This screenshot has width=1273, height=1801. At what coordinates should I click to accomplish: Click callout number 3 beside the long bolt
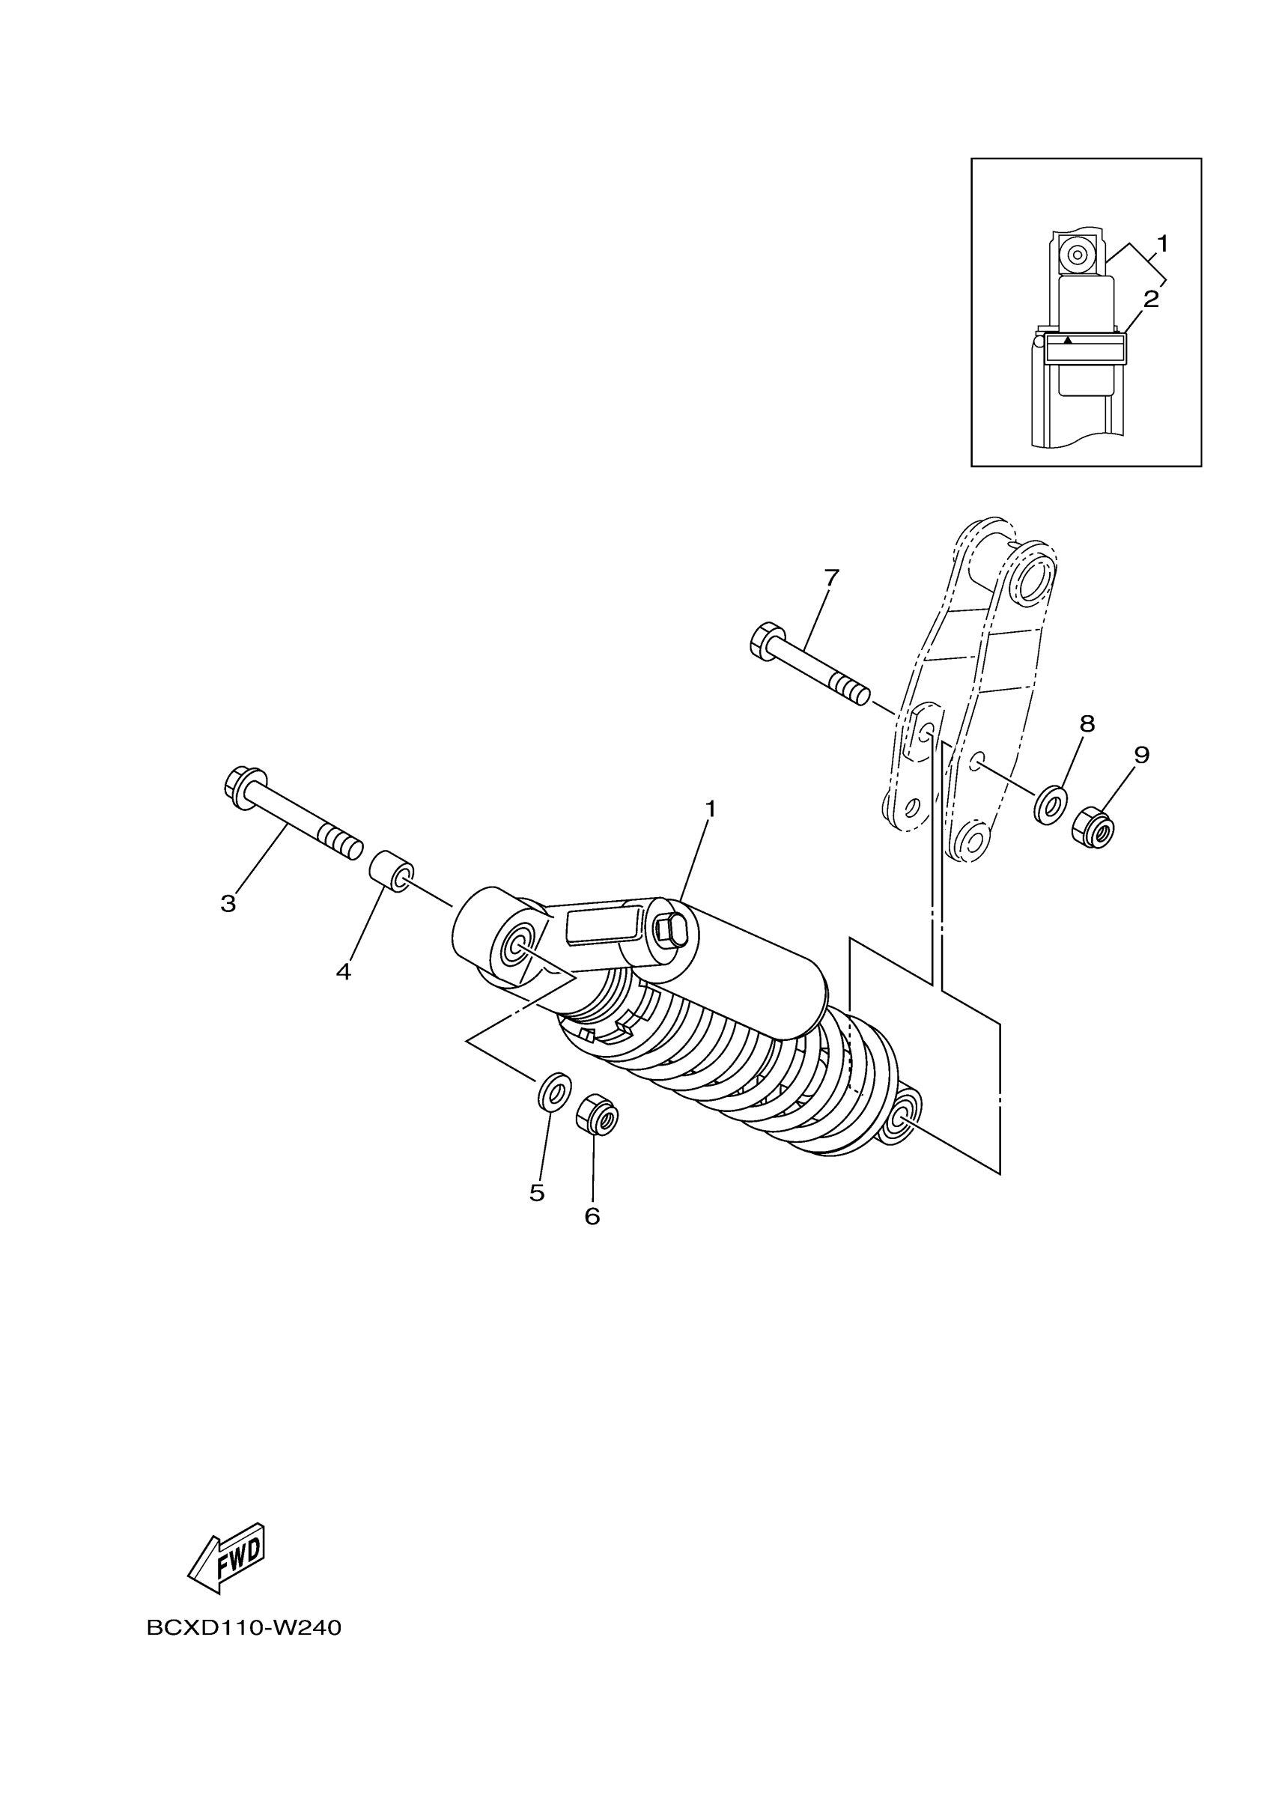(x=228, y=905)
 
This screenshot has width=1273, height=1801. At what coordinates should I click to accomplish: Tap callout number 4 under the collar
(x=343, y=972)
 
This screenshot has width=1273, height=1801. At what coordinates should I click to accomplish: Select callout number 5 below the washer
(x=536, y=1193)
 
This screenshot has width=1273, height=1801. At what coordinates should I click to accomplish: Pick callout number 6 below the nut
(x=592, y=1217)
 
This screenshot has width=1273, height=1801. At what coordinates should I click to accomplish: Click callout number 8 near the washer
(x=1087, y=723)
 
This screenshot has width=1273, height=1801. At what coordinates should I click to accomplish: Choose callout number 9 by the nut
(x=1142, y=755)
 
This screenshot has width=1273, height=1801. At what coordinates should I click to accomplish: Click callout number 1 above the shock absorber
(x=710, y=808)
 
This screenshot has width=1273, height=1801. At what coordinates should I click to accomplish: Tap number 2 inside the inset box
(x=1151, y=300)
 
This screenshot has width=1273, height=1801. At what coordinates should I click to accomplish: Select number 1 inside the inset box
(x=1162, y=244)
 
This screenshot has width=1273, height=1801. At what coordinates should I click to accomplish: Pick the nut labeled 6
(x=597, y=1114)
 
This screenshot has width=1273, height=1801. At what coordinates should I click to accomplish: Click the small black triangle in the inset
(x=1068, y=340)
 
